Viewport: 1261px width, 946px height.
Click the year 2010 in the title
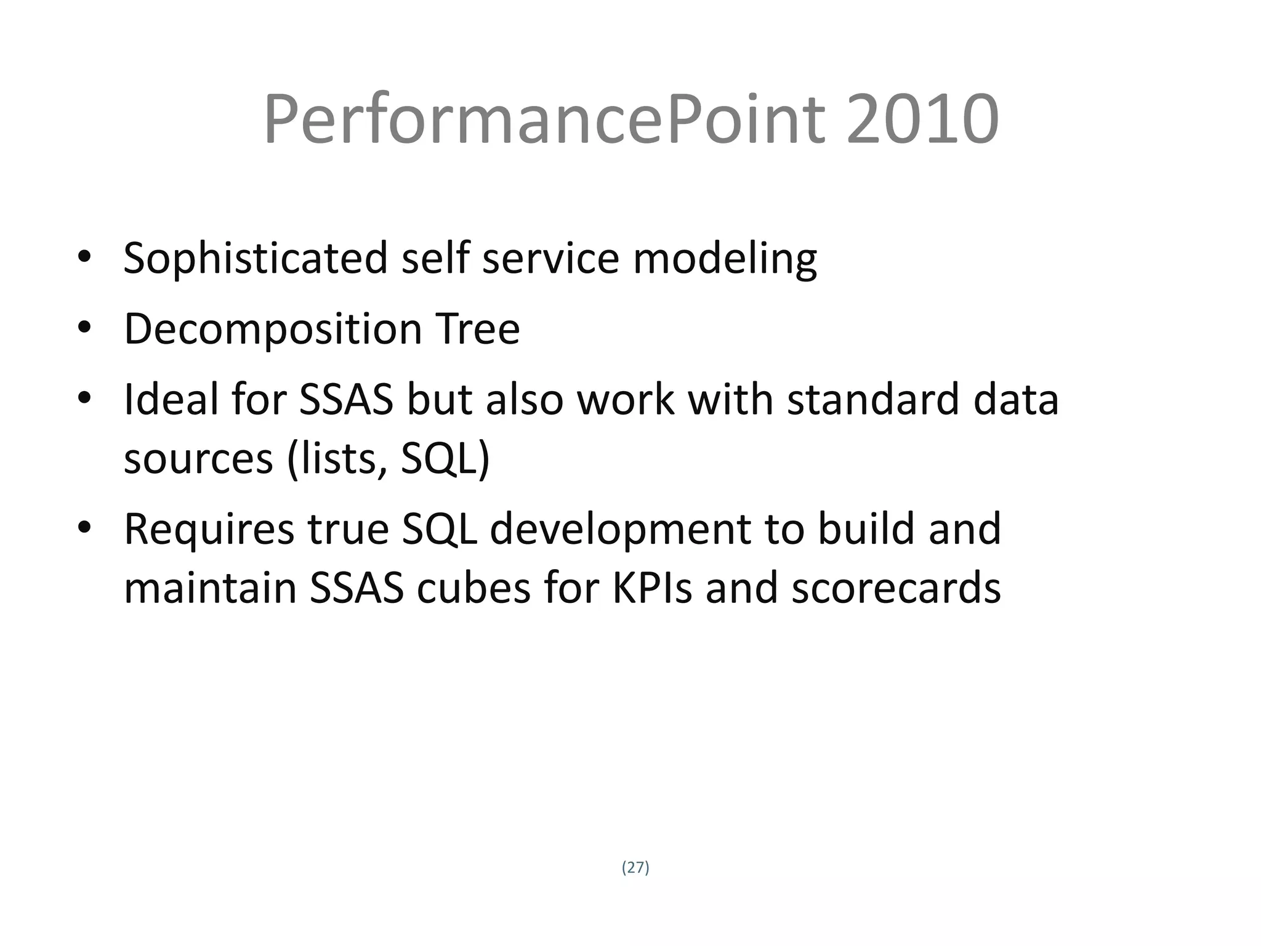pyautogui.click(x=922, y=119)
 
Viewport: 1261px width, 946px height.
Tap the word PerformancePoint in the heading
pyautogui.click(x=544, y=119)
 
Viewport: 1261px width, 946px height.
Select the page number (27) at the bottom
pyautogui.click(x=635, y=867)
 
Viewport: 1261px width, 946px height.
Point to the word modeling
pyautogui.click(x=725, y=259)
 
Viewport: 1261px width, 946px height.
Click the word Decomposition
pyautogui.click(x=273, y=329)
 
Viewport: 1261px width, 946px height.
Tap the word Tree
pyautogui.click(x=477, y=328)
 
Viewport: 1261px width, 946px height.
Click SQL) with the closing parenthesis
pyautogui.click(x=445, y=459)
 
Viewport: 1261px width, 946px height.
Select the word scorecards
pyautogui.click(x=896, y=588)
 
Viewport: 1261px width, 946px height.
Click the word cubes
pyautogui.click(x=473, y=588)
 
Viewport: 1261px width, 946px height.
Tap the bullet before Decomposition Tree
pyautogui.click(x=84, y=327)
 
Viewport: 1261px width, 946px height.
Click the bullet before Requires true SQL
pyautogui.click(x=84, y=527)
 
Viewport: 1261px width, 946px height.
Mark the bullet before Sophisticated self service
pyautogui.click(x=84, y=256)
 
